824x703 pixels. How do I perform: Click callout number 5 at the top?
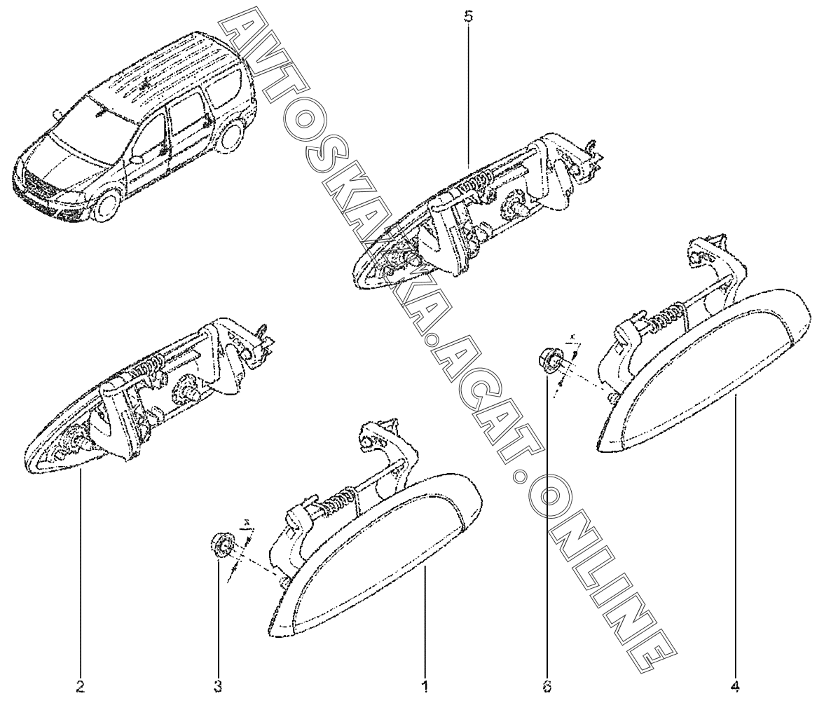[468, 16]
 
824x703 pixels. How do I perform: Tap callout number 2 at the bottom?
[81, 686]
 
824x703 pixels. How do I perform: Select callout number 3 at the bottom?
[218, 686]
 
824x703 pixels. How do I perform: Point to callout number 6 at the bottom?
[547, 686]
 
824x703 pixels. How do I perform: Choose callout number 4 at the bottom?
[735, 686]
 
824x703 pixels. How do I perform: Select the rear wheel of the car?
[230, 136]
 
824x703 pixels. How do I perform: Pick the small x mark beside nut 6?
[573, 336]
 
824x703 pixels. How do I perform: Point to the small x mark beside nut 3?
[247, 523]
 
